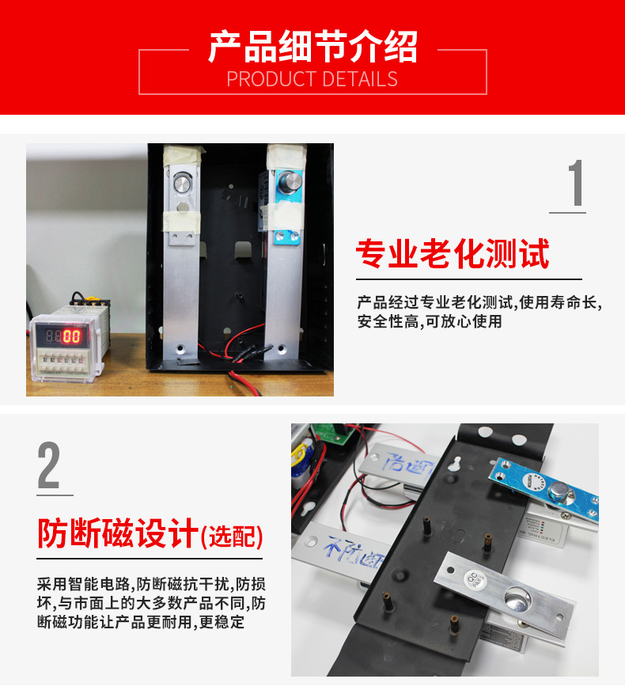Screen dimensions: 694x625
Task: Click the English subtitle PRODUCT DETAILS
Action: [312, 79]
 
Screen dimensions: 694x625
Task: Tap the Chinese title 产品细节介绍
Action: [312, 47]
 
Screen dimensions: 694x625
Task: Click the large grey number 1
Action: [576, 184]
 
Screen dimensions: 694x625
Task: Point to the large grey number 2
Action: [49, 467]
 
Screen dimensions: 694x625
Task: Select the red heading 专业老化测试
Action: [453, 255]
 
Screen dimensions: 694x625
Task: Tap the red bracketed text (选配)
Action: [232, 537]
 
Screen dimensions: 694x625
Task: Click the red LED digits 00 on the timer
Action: [72, 336]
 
